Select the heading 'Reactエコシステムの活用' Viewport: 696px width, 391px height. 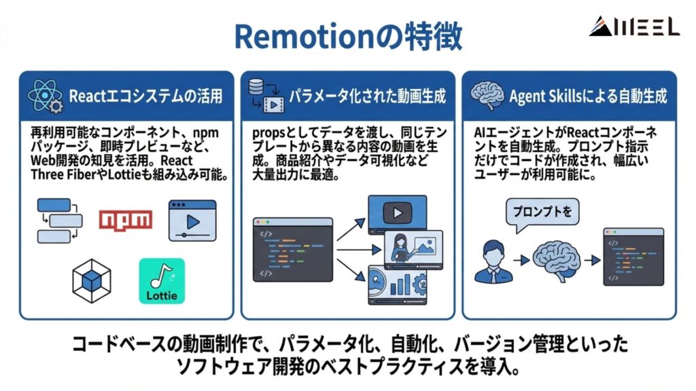(x=145, y=96)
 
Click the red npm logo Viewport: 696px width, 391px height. (x=125, y=219)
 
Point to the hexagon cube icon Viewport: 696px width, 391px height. (x=92, y=280)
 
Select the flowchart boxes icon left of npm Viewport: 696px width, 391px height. (x=58, y=221)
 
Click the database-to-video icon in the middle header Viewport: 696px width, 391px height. (x=264, y=96)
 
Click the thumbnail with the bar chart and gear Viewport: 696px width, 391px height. (x=397, y=286)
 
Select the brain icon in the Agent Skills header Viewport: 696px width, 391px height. (x=487, y=96)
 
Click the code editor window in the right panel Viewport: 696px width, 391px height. (x=633, y=257)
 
